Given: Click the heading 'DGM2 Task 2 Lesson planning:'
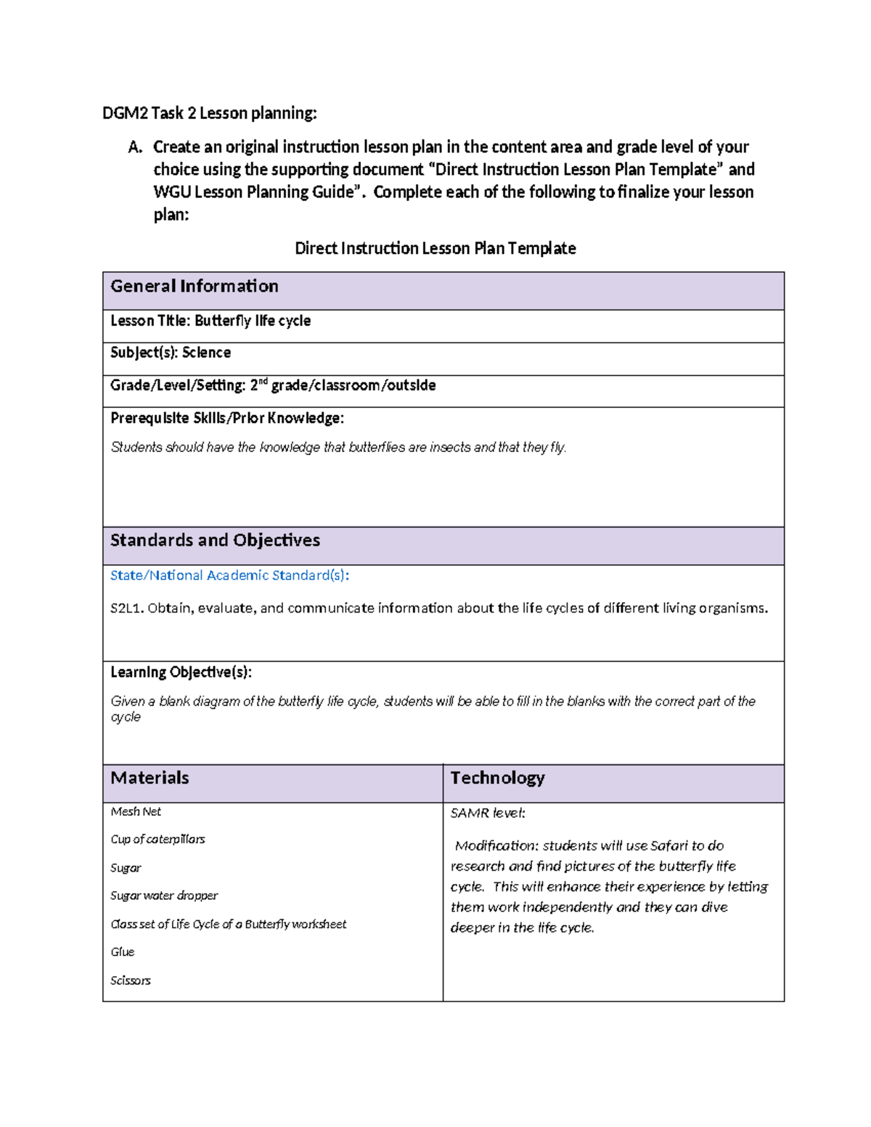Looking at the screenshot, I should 209,113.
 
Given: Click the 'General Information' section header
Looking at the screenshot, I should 195,287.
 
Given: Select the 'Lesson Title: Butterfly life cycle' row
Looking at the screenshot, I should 210,321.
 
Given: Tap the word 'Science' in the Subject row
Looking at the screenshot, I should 206,353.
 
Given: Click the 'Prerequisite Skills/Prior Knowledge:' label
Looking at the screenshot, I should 226,419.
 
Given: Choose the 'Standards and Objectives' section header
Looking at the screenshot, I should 215,541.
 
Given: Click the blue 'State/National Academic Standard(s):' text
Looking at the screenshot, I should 229,575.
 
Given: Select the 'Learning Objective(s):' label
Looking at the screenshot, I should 181,673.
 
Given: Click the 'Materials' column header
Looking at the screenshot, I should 150,778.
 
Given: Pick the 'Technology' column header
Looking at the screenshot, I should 497,778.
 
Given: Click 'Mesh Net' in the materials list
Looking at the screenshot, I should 136,812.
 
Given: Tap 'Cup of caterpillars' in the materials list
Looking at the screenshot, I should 158,840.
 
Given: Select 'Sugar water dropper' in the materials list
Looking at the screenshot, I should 164,896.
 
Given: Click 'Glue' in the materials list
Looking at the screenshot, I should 123,952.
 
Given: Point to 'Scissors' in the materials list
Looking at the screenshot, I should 131,980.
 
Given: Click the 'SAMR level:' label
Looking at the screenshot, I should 487,814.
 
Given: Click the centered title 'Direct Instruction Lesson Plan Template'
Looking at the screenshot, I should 435,249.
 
